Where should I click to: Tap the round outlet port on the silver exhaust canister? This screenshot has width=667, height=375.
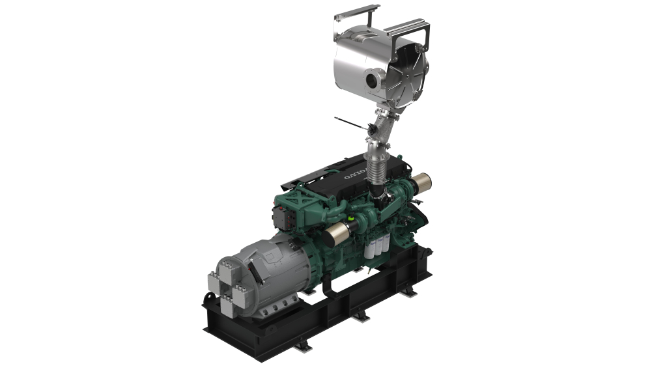tap(373, 79)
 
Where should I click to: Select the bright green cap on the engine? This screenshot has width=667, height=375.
tap(351, 219)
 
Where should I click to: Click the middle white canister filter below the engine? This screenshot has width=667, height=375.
tap(378, 247)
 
